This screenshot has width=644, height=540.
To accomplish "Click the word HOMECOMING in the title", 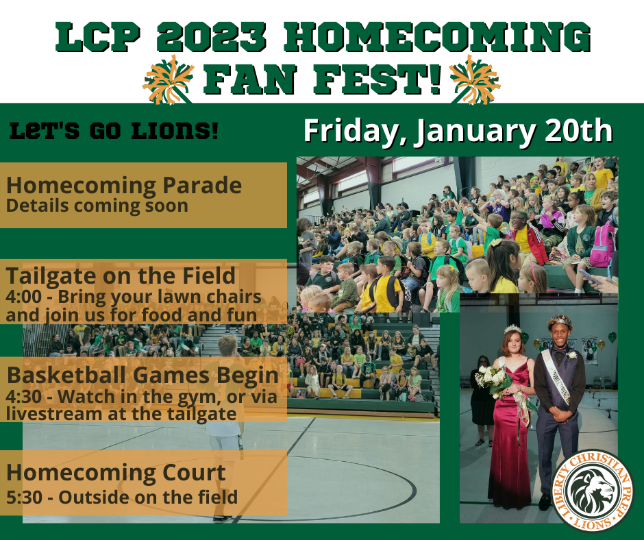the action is [436, 38].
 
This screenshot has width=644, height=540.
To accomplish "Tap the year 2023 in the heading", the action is [211, 38].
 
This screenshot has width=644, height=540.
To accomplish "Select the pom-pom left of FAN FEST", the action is [168, 79].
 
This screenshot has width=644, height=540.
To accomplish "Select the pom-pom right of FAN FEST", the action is [475, 79].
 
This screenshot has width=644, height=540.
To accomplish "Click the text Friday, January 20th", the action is [458, 131].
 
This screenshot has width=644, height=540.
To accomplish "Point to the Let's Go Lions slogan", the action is [114, 132].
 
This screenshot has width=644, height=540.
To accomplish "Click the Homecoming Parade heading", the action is [123, 185].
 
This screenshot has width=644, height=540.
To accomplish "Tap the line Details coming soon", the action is [97, 206].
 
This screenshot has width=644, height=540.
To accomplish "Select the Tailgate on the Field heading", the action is [121, 275].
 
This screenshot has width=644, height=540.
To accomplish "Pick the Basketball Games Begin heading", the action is [143, 376].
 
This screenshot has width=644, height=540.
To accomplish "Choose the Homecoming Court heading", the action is [116, 473].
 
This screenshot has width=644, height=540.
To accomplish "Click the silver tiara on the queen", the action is [512, 329].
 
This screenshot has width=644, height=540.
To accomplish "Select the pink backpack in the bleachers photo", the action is [602, 244].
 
